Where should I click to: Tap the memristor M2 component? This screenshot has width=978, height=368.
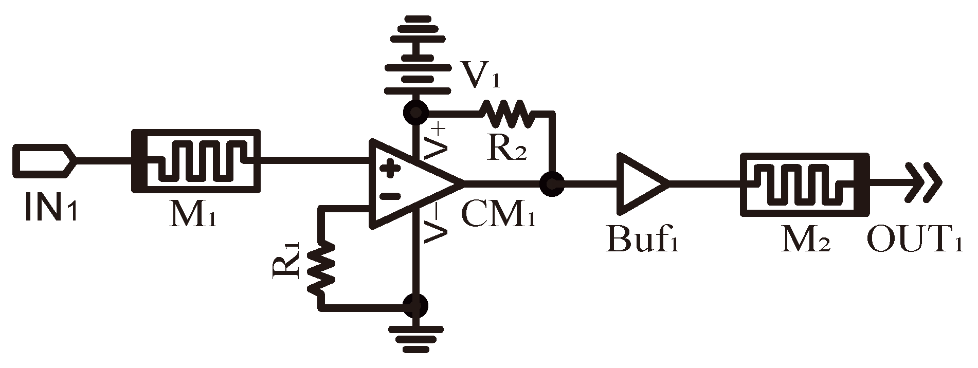coord(805,184)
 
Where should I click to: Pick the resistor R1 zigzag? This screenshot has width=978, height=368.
coord(321,267)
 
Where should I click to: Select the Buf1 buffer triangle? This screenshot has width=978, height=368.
coord(640,184)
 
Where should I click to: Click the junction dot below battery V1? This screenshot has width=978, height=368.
coord(415,112)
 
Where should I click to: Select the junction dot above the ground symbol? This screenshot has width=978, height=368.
coord(415,306)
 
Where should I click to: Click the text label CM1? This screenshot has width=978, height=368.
coord(498,215)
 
